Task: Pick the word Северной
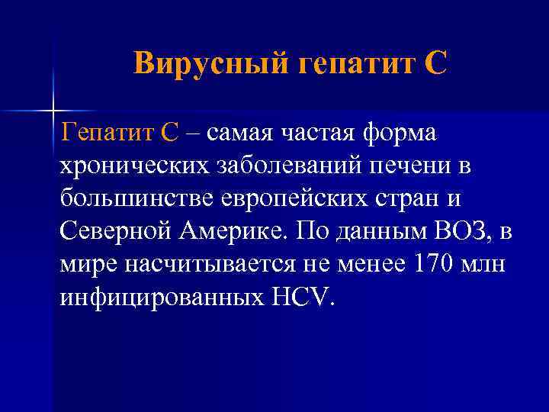click(x=117, y=231)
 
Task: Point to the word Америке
click(x=236, y=231)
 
